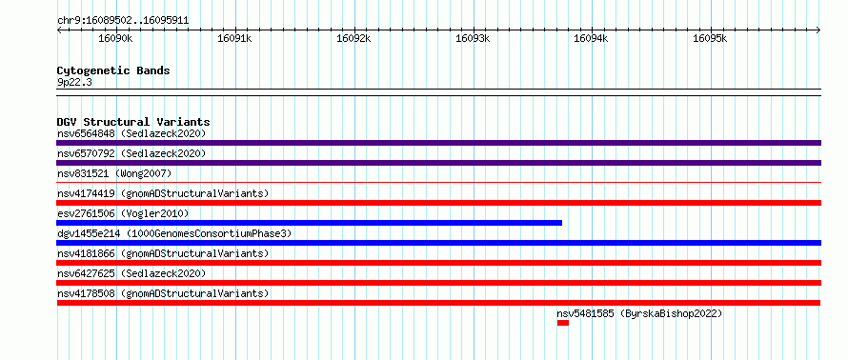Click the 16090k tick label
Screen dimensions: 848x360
pos(115,39)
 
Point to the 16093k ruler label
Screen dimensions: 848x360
pos(473,39)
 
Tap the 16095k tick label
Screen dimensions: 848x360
pos(710,39)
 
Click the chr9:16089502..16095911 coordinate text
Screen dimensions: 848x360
pos(123,21)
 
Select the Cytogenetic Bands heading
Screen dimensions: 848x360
pos(113,70)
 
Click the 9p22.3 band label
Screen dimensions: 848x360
pos(74,82)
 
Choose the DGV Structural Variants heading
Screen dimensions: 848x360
pos(133,122)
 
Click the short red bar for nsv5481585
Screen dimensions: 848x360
pos(563,323)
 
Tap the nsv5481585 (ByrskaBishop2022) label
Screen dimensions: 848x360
pos(639,313)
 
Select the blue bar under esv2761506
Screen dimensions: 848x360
pos(310,223)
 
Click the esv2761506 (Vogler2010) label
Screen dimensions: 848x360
pos(123,213)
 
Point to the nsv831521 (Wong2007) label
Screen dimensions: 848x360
pos(114,173)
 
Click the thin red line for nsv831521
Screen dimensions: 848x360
pos(439,183)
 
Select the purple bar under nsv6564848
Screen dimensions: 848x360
pos(439,143)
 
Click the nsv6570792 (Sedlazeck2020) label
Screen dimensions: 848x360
pos(131,153)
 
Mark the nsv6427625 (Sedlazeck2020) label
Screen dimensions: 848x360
pos(131,273)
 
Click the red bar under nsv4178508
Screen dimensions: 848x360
pos(439,303)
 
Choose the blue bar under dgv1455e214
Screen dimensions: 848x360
pos(439,243)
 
